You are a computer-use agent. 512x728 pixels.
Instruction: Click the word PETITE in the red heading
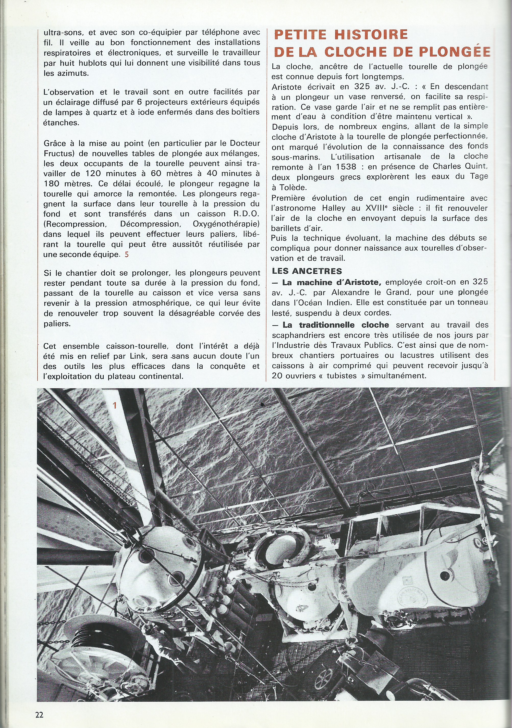pyautogui.click(x=300, y=34)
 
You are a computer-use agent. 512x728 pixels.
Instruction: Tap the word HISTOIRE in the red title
pyautogui.click(x=371, y=34)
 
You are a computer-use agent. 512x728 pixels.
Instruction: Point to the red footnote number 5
pyautogui.click(x=127, y=254)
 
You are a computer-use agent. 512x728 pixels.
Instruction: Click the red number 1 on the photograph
pyautogui.click(x=115, y=405)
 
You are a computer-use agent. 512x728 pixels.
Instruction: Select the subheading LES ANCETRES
pyautogui.click(x=307, y=271)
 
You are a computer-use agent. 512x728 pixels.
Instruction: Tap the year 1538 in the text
pyautogui.click(x=346, y=166)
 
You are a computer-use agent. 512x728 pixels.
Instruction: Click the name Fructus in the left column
pyautogui.click(x=58, y=153)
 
